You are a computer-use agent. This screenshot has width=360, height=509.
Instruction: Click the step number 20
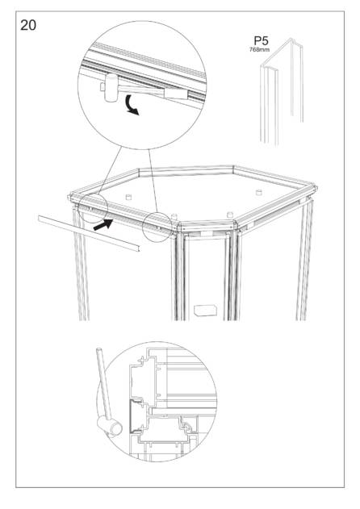point(28,25)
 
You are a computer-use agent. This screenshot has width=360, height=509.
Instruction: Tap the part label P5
point(261,41)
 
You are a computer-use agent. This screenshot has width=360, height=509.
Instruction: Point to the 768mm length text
point(259,50)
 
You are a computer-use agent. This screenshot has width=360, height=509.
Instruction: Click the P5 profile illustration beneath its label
point(282,91)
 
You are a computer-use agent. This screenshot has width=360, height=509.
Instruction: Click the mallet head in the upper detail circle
point(111,88)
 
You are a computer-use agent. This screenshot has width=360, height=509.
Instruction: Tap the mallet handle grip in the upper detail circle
point(176,94)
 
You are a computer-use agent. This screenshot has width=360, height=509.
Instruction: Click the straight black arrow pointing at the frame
point(103,224)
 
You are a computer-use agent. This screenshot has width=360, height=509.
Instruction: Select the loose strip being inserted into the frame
point(89,233)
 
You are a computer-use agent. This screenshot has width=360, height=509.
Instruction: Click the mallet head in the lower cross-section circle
point(110,426)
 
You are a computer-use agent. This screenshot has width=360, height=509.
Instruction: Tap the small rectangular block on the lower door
point(205,310)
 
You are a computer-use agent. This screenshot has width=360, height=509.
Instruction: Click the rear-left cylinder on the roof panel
point(128,197)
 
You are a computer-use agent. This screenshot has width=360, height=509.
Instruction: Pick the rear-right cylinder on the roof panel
point(259,192)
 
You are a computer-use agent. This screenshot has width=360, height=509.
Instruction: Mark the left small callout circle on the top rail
point(93,208)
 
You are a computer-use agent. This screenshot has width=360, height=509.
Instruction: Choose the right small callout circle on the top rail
point(157,227)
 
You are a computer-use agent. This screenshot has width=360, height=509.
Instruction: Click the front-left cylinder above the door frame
point(174,217)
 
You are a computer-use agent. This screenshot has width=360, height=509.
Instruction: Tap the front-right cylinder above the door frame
point(230,215)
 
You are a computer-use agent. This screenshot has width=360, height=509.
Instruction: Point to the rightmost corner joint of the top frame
point(313,189)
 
